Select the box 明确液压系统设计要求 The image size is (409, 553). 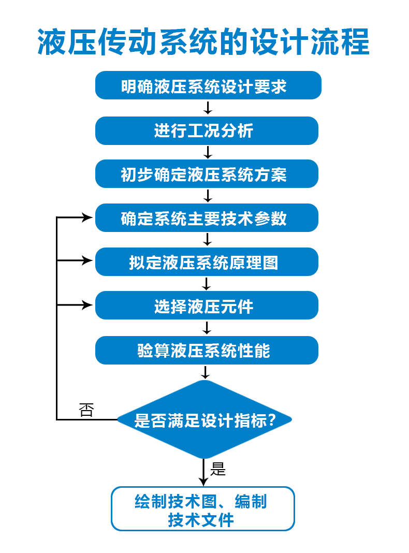click(x=208, y=85)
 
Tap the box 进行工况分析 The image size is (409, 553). click(x=207, y=130)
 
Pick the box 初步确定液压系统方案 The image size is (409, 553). click(x=207, y=174)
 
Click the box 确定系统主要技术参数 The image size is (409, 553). click(x=207, y=218)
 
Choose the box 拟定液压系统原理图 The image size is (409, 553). click(x=207, y=262)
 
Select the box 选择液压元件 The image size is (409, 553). click(x=207, y=306)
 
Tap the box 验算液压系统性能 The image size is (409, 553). click(x=207, y=351)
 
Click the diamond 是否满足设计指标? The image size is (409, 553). click(x=205, y=419)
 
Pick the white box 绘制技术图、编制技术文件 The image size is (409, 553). click(x=203, y=509)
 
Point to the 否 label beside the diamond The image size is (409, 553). click(x=86, y=410)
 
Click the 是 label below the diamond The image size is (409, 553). click(x=218, y=469)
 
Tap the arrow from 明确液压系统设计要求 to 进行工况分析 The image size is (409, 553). click(x=208, y=108)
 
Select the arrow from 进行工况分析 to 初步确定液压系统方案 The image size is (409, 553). click(x=208, y=152)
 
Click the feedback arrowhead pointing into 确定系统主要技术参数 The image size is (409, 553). click(x=87, y=218)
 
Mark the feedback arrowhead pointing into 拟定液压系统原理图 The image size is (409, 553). click(x=87, y=261)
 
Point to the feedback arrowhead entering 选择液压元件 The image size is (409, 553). click(x=87, y=305)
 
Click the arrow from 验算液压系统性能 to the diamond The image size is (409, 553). click(x=206, y=372)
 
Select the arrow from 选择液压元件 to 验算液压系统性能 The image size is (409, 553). click(x=207, y=328)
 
